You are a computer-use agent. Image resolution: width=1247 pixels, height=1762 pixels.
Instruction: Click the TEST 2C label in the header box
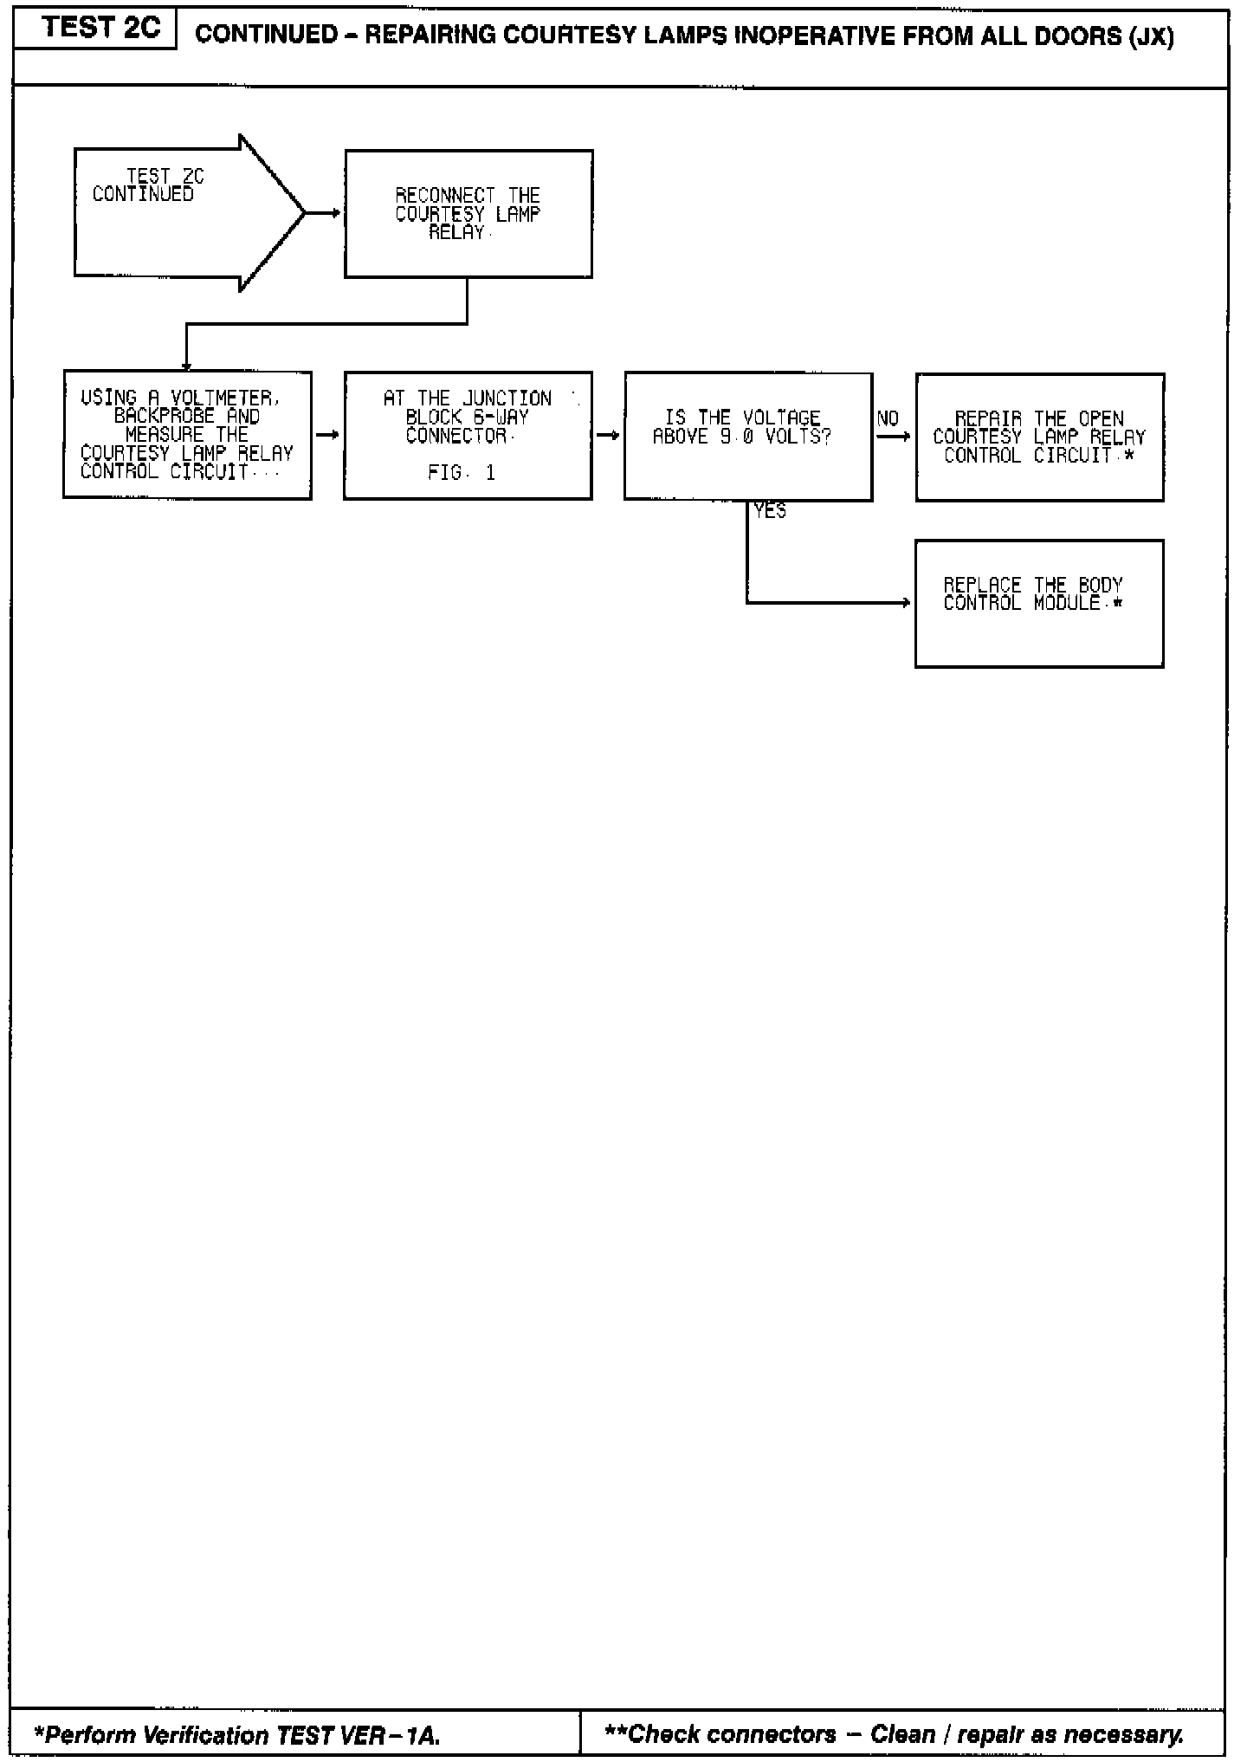pyautogui.click(x=100, y=29)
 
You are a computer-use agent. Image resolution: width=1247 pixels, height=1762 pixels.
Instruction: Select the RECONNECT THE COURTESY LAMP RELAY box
pyautogui.click(x=468, y=214)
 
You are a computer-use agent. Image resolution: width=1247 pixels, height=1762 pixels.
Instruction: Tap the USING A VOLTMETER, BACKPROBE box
pyautogui.click(x=187, y=435)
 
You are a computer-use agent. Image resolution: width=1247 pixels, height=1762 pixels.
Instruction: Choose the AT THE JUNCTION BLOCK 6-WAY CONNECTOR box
pyautogui.click(x=468, y=435)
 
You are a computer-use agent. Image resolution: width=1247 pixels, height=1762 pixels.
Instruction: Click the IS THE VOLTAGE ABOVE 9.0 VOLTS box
pyautogui.click(x=747, y=436)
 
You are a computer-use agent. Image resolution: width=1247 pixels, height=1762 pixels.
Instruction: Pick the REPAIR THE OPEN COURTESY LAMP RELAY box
pyautogui.click(x=1039, y=437)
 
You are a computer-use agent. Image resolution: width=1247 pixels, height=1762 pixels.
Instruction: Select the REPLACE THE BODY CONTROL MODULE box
pyautogui.click(x=1039, y=603)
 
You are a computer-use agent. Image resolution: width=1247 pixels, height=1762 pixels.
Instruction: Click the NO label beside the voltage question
pyautogui.click(x=888, y=419)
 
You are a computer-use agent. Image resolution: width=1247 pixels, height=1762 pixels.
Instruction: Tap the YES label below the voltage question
pyautogui.click(x=770, y=512)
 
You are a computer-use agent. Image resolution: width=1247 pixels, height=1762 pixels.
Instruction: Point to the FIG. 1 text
pyautogui.click(x=462, y=473)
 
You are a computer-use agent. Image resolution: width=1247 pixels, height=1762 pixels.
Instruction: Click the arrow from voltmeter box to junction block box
pyautogui.click(x=327, y=435)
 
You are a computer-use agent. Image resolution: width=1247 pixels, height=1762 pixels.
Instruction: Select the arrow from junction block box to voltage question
pyautogui.click(x=608, y=435)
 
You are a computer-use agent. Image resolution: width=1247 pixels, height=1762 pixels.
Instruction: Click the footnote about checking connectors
pyautogui.click(x=894, y=1734)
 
